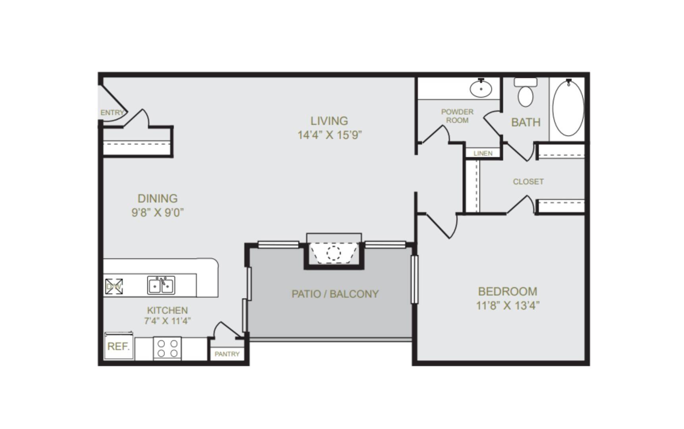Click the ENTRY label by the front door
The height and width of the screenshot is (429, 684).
[112, 113]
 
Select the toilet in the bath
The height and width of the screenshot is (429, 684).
[526, 93]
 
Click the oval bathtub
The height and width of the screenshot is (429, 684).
[568, 108]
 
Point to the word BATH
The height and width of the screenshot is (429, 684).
[526, 122]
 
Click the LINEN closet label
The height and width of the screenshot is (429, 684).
[483, 153]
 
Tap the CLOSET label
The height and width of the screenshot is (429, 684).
[528, 182]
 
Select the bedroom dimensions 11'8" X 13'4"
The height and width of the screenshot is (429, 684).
[508, 305]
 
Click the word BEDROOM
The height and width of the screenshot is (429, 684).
[508, 292]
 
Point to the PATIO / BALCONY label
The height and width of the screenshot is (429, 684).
[335, 294]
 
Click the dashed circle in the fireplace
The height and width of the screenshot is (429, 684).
[334, 253]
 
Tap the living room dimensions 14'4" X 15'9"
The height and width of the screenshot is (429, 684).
[330, 135]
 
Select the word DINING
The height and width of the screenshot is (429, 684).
[157, 198]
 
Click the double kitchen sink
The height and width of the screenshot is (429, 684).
[161, 285]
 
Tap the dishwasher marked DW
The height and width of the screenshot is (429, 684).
[114, 286]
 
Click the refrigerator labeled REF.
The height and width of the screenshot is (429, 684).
[119, 346]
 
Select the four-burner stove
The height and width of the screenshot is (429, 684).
[167, 348]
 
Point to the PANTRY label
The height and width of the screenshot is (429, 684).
[227, 354]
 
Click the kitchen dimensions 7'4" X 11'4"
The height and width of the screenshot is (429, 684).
[167, 321]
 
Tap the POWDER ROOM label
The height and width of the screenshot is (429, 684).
[457, 116]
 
